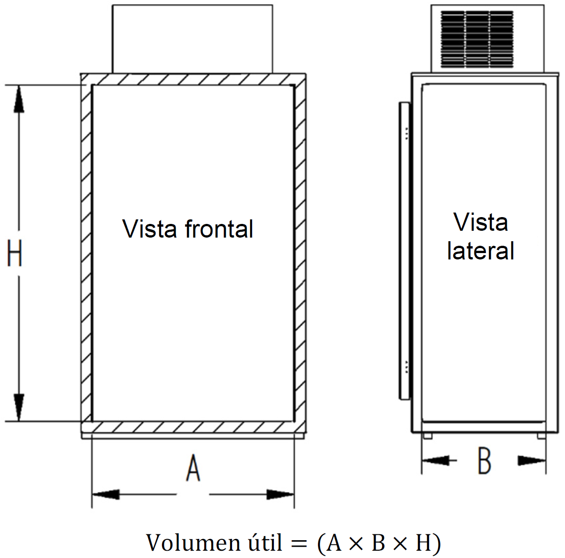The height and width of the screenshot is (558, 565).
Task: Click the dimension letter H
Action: pyautogui.click(x=15, y=253)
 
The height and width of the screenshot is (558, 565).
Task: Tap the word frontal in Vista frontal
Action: pyautogui.click(x=219, y=228)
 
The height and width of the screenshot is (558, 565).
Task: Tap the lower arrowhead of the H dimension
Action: pyautogui.click(x=19, y=407)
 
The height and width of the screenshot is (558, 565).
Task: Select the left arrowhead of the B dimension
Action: pyautogui.click(x=435, y=460)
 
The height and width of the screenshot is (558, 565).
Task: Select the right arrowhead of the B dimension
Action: pyautogui.click(x=532, y=460)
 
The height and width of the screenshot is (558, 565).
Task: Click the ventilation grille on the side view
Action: pyautogui.click(x=477, y=39)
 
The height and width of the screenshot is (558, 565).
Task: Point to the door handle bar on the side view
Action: pyautogui.click(x=404, y=251)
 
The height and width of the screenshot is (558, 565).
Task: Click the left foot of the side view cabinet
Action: pyautogui.click(x=428, y=436)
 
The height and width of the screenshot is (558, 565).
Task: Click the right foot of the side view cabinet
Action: pyautogui.click(x=541, y=436)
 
